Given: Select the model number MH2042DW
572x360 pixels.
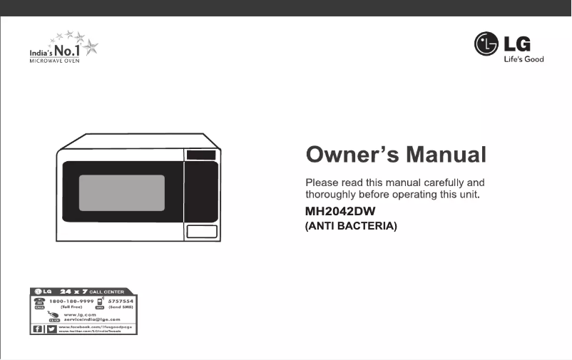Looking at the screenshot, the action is click(339, 212).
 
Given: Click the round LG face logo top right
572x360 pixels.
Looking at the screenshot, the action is click(486, 45).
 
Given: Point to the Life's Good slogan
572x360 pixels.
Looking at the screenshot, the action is click(524, 59).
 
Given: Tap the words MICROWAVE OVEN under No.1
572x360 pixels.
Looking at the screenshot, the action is click(54, 61).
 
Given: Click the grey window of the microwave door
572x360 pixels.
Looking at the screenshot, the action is click(121, 192).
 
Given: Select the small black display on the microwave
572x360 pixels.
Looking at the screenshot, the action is click(201, 155).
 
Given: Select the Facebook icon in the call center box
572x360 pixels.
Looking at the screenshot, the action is click(38, 329).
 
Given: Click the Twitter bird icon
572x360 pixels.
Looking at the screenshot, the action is click(51, 329).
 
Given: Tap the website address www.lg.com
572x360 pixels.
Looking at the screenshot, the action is click(80, 314).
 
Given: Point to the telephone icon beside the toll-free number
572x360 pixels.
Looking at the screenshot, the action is click(40, 302).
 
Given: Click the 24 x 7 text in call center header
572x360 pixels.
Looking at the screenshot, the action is click(73, 292).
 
